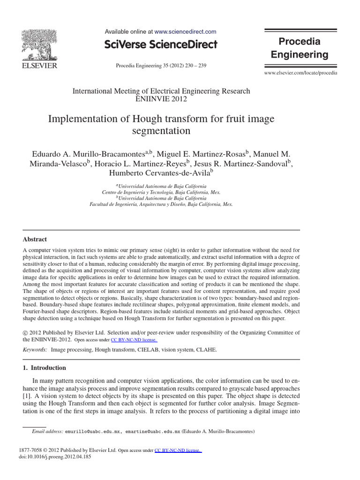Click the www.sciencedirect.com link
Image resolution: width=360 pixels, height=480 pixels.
click(185, 32)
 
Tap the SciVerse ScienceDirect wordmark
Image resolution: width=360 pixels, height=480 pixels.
click(161, 45)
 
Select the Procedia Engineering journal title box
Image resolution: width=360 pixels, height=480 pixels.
click(300, 48)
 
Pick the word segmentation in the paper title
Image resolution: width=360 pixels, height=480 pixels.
click(161, 130)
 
